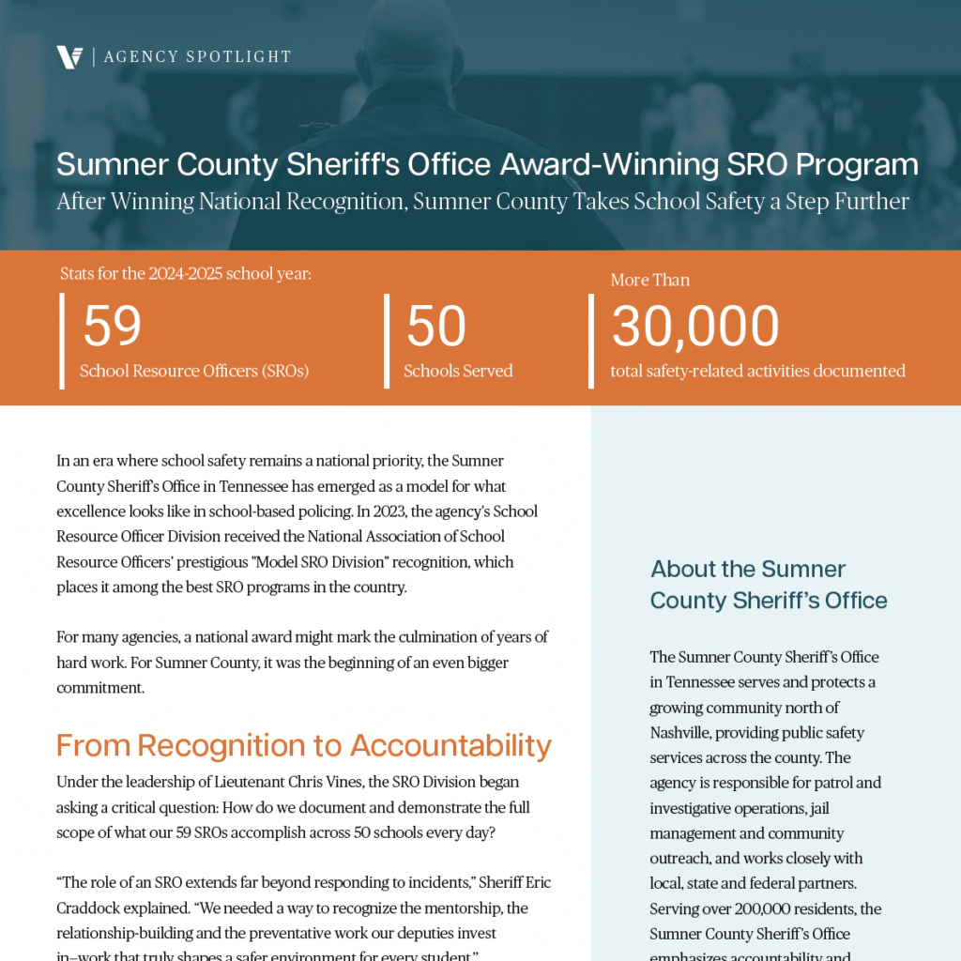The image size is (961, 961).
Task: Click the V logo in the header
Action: point(69,57)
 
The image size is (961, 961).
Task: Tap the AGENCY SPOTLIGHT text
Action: point(198,57)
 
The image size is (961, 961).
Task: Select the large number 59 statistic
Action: point(112,327)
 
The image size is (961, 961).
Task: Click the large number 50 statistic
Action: point(435,327)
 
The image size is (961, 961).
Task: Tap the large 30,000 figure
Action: point(694,327)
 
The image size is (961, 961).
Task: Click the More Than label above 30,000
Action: point(649,280)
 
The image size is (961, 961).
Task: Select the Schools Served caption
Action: point(458,371)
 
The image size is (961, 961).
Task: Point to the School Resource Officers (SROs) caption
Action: point(194,371)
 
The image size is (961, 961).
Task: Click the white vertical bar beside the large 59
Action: point(63,340)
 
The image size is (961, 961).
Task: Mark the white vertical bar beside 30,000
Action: point(591,340)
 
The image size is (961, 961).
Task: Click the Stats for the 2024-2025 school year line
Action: point(186,274)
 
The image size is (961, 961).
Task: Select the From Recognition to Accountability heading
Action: point(303,745)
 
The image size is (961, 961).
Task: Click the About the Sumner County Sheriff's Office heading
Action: point(768,585)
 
